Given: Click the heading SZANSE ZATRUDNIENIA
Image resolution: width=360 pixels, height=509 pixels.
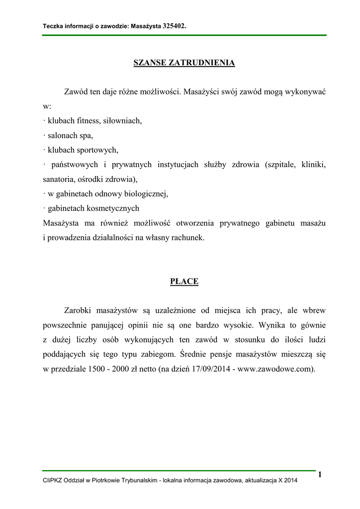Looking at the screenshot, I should click(184, 63).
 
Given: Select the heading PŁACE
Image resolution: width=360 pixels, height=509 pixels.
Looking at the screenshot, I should click(184, 282).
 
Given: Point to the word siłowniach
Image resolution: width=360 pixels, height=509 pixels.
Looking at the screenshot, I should click(123, 120).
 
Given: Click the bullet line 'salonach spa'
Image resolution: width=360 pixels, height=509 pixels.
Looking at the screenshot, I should click(69, 135).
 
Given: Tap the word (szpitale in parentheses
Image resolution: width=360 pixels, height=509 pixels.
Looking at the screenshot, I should click(280, 165).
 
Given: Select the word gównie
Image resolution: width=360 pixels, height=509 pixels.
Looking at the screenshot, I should click(312, 326).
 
